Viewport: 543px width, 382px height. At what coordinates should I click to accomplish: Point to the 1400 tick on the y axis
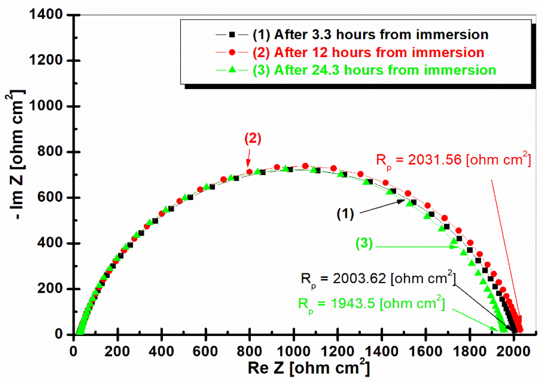(46, 14)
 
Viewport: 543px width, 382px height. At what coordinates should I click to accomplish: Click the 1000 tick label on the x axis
(294, 351)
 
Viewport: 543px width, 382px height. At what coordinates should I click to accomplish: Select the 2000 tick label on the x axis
(514, 351)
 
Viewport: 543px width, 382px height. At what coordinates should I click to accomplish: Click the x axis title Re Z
(309, 368)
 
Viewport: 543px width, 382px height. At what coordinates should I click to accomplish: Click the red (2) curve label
(253, 138)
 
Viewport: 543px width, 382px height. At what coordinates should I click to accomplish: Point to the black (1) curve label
(345, 214)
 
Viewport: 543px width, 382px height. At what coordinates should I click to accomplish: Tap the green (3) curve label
(364, 243)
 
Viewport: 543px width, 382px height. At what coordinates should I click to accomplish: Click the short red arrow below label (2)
(249, 158)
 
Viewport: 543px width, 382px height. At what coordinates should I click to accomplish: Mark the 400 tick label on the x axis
(161, 351)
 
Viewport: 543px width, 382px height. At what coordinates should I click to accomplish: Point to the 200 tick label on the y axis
(49, 289)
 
